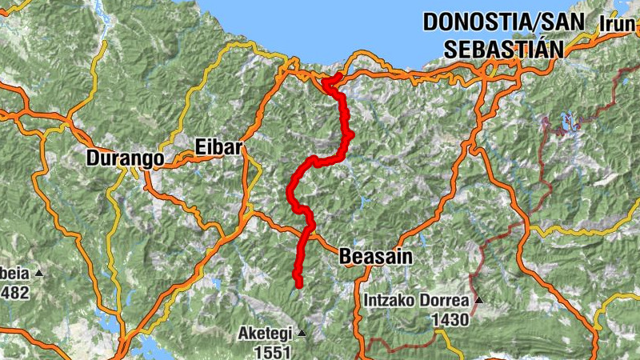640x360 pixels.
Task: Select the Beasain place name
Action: click(x=375, y=257)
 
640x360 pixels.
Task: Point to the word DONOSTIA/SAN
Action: click(x=506, y=22)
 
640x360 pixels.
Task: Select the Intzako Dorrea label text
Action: click(x=417, y=301)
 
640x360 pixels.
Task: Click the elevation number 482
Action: click(x=14, y=292)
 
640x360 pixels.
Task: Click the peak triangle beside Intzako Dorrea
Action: click(x=478, y=301)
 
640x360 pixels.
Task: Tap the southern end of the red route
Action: click(x=298, y=285)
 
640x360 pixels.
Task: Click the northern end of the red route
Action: click(x=339, y=76)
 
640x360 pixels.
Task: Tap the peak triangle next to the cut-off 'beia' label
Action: click(x=38, y=274)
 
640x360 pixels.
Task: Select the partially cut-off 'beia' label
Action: click(x=14, y=274)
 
